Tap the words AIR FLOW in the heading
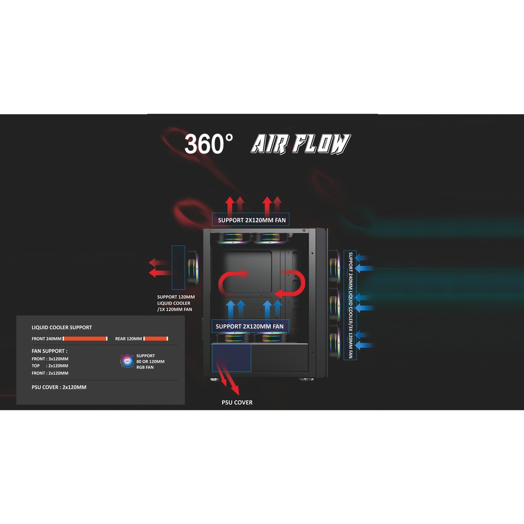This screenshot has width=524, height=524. click(x=300, y=144)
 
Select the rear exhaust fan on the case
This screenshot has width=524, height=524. click(x=193, y=268)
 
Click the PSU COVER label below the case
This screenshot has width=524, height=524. click(x=237, y=403)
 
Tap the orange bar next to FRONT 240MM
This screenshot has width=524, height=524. click(x=85, y=339)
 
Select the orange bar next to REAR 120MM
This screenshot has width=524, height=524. click(x=156, y=339)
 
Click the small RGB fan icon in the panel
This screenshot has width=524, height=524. click(x=127, y=361)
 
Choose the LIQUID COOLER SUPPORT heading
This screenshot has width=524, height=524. click(x=62, y=327)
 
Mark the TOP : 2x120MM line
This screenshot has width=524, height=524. click(x=50, y=366)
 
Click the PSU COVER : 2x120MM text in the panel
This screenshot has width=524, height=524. click(x=59, y=387)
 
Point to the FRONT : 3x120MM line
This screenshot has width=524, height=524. click(x=50, y=359)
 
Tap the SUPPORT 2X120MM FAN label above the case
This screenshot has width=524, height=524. click(x=251, y=221)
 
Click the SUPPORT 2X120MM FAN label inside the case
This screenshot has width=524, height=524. click(x=249, y=326)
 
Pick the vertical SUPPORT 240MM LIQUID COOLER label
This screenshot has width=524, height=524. click(x=351, y=305)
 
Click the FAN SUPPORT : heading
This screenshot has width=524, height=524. click(x=49, y=351)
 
